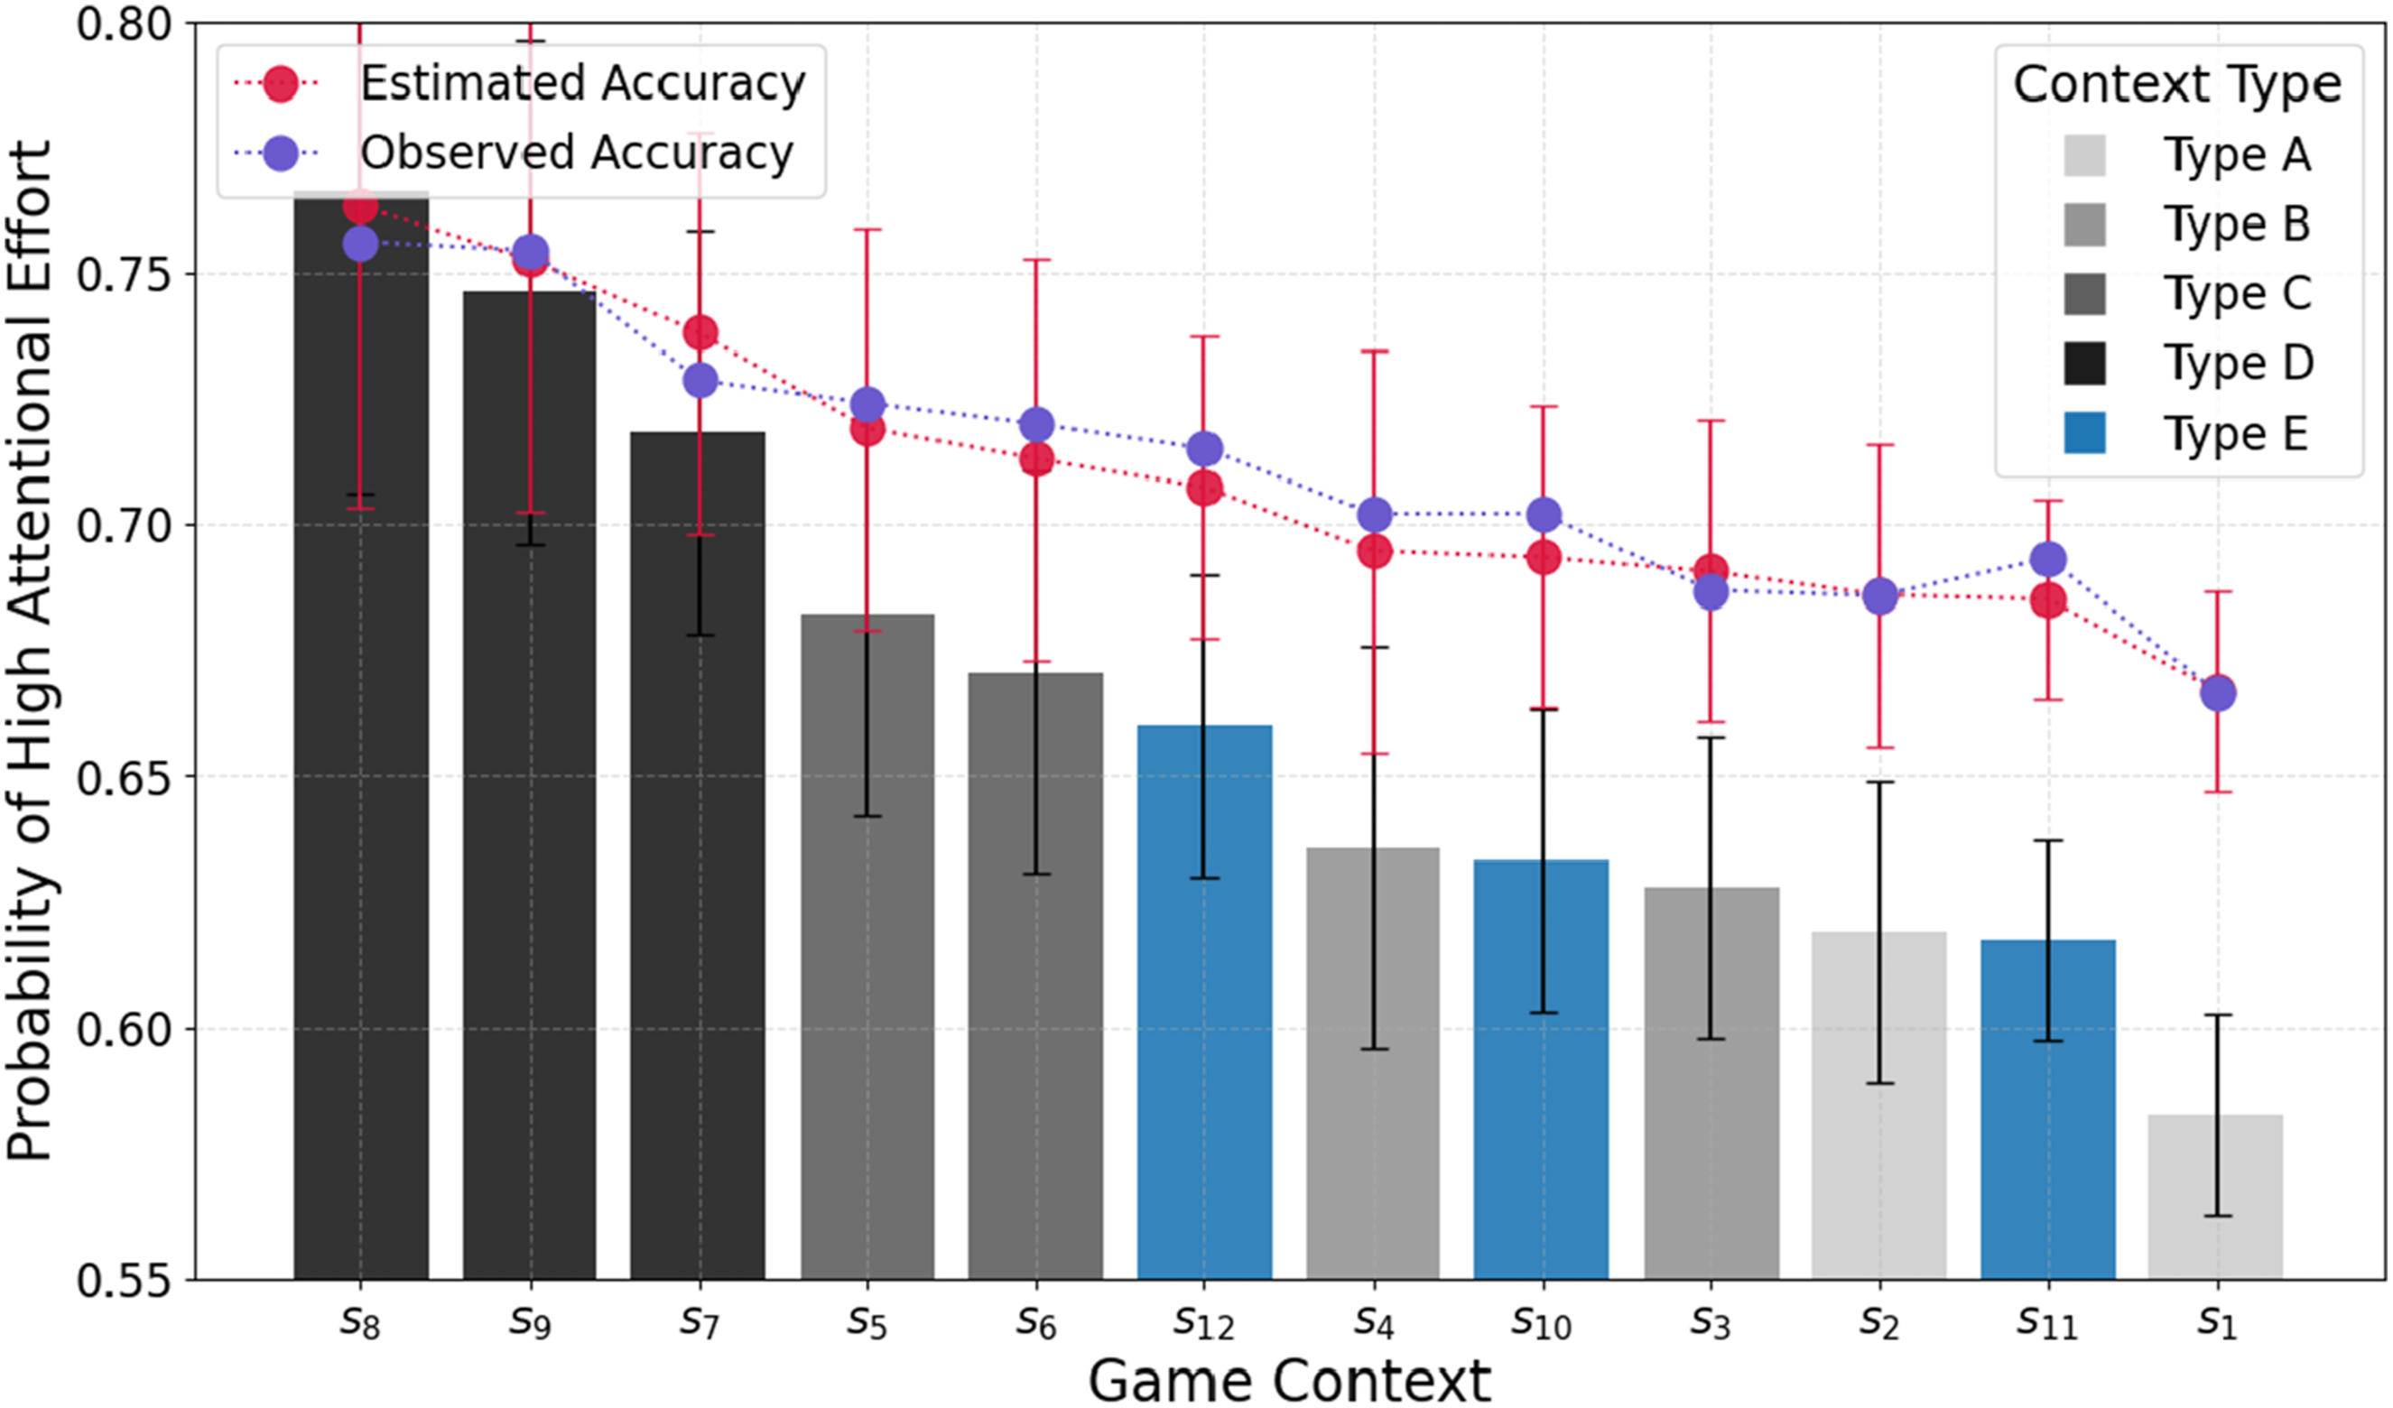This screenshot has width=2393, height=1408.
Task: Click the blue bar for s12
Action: [1204, 1002]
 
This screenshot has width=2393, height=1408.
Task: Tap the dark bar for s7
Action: [698, 855]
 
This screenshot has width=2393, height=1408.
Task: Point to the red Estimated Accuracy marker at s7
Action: [700, 332]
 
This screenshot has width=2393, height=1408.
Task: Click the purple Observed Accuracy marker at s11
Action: [2048, 560]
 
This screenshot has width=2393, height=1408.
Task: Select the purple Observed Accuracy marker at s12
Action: [1204, 449]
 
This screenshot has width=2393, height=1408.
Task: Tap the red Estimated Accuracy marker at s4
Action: [1374, 551]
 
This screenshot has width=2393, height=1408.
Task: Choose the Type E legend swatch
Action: [2084, 433]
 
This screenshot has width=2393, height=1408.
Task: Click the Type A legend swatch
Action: [2084, 154]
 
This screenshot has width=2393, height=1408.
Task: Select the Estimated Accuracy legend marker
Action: [281, 84]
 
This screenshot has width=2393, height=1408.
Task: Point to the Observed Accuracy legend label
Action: [577, 153]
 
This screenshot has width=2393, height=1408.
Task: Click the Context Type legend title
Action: [2177, 85]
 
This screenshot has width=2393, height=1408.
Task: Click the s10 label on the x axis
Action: [1541, 1322]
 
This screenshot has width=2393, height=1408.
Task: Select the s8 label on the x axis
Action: [360, 1322]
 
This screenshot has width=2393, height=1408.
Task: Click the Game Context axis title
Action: [1289, 1379]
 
